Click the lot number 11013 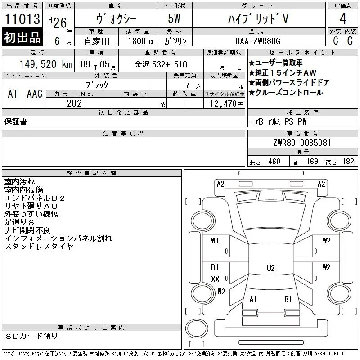22,18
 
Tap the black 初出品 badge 22,37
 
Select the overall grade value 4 343,18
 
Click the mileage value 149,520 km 46,64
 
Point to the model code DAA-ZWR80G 258,41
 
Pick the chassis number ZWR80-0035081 302,143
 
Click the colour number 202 74,103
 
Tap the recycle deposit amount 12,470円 227,104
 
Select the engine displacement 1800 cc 141,41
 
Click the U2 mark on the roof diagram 271,268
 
